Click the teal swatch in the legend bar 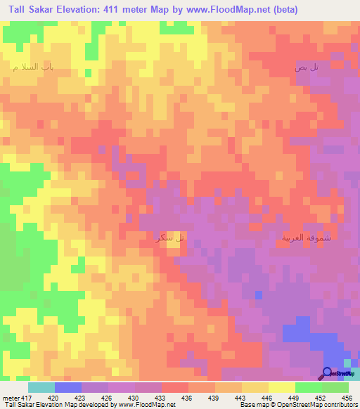(x=41, y=387)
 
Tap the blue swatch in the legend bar (x=68, y=387)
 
